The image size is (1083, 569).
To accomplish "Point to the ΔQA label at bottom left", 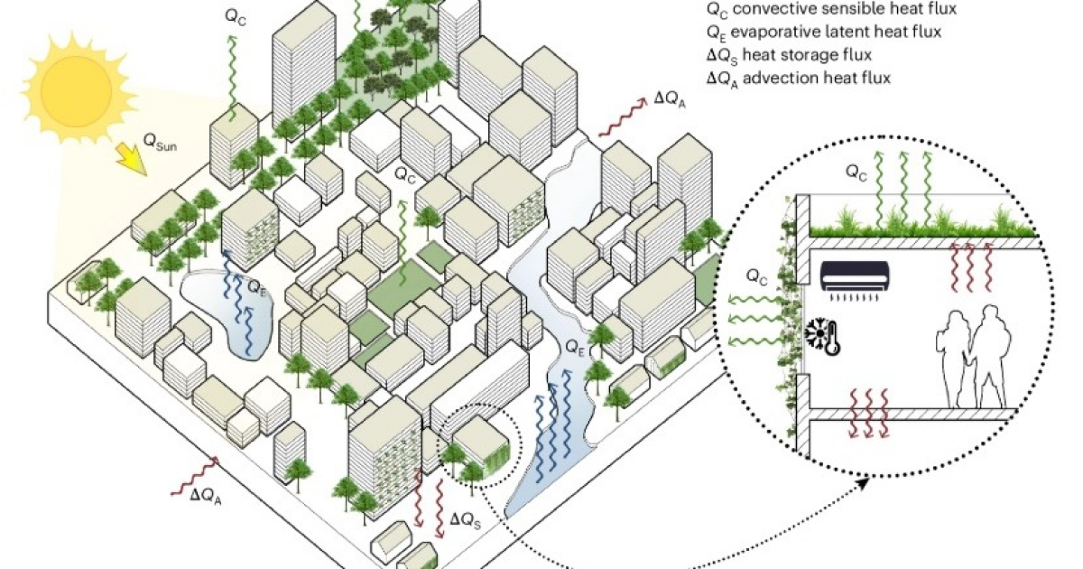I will coord(205,495).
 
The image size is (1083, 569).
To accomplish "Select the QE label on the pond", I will coord(257,291).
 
